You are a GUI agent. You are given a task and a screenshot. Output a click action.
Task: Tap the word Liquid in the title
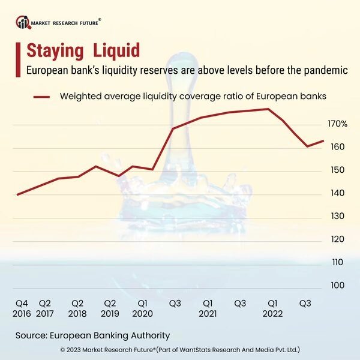tap(118, 50)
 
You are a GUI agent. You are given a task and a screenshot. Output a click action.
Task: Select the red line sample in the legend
tap(41, 96)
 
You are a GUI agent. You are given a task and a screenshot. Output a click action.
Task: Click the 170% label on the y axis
tap(337, 124)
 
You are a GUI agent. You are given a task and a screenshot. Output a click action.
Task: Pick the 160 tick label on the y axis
tap(337, 147)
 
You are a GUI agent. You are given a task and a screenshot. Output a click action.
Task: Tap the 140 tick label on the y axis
tap(337, 193)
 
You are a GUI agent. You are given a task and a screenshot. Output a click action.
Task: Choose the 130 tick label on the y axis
tap(337, 216)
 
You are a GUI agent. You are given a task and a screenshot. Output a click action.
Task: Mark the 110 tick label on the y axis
tap(337, 262)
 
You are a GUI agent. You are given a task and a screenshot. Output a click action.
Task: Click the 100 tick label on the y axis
tap(337, 285)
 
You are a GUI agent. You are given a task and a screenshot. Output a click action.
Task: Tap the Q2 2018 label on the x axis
tap(77, 308)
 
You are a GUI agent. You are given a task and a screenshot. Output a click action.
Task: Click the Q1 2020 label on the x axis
tap(143, 308)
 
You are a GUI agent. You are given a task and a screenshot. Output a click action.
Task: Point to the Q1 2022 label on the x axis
tap(272, 308)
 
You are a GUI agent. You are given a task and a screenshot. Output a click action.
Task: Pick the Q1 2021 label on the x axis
tap(208, 308)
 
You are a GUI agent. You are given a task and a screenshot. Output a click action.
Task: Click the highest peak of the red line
tap(268, 109)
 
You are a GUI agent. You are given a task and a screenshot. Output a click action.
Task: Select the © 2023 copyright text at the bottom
tap(180, 349)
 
